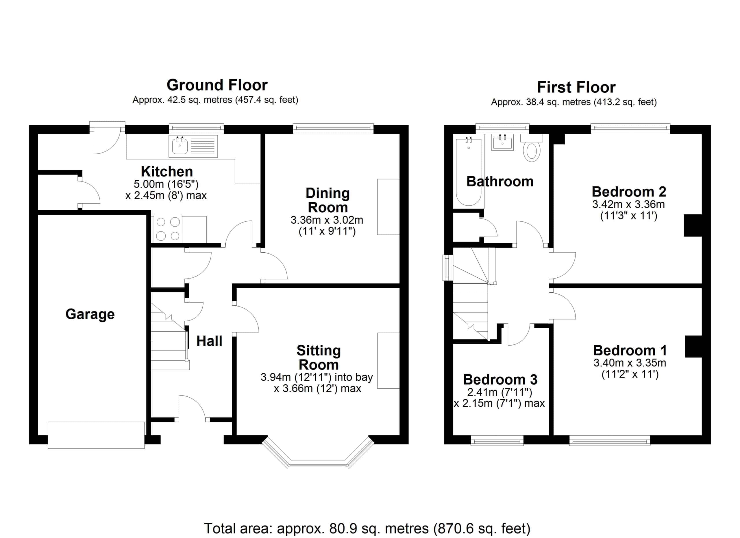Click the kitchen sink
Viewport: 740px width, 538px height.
tap(193, 146)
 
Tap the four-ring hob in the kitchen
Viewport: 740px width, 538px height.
tap(168, 229)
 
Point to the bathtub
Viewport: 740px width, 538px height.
tap(469, 172)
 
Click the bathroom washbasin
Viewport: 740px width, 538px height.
tap(502, 142)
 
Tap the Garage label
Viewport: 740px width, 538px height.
tap(90, 314)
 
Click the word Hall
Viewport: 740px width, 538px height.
tap(209, 341)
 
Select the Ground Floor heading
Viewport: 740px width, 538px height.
tap(217, 85)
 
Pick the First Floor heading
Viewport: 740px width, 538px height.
tap(576, 87)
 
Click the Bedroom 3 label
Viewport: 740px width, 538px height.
tap(500, 380)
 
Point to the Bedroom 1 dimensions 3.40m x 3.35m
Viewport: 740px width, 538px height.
tap(630, 363)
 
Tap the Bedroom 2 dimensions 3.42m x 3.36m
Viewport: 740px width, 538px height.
tap(628, 205)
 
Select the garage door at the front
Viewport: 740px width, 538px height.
tap(96, 435)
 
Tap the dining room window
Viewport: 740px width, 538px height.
tap(333, 129)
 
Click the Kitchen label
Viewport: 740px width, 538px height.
tap(167, 172)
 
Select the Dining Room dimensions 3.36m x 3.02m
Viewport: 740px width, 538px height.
tap(327, 220)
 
